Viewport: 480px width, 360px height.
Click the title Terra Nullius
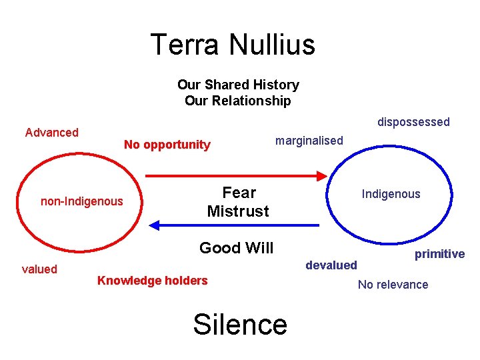pyautogui.click(x=233, y=45)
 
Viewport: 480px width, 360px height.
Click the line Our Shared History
pyautogui.click(x=238, y=85)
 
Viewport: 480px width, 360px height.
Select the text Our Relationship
pyautogui.click(x=238, y=101)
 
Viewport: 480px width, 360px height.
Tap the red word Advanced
pyautogui.click(x=52, y=132)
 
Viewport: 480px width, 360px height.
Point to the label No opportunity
pyautogui.click(x=167, y=145)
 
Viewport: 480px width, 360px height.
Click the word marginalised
pyautogui.click(x=309, y=141)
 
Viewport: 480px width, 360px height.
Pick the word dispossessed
pyautogui.click(x=413, y=122)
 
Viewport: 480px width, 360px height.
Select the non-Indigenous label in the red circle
pyautogui.click(x=82, y=201)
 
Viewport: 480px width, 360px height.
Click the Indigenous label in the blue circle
pyautogui.click(x=391, y=194)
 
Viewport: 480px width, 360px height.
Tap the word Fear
pyautogui.click(x=239, y=193)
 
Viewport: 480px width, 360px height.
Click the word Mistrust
pyautogui.click(x=238, y=211)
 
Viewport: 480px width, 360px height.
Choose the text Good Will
pyautogui.click(x=237, y=248)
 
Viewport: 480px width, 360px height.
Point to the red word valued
pyautogui.click(x=39, y=269)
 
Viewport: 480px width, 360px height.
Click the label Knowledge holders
pyautogui.click(x=153, y=281)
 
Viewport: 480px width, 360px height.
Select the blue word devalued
pyautogui.click(x=331, y=265)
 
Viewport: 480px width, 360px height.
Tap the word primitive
pyautogui.click(x=439, y=254)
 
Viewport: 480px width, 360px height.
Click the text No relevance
pyautogui.click(x=393, y=285)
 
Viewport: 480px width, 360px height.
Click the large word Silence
pyautogui.click(x=240, y=324)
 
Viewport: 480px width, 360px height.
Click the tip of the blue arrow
pyautogui.click(x=151, y=225)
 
